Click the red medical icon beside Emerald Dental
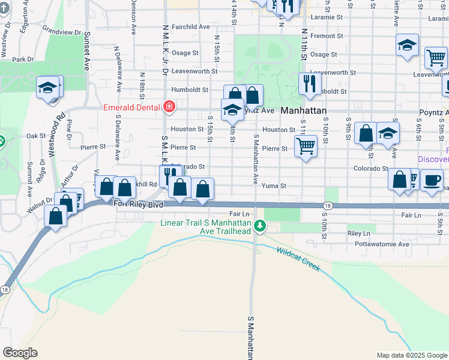(169, 107)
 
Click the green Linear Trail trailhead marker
(260, 226)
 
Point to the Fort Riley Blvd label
(138, 205)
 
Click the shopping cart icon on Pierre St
(306, 145)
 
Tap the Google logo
(20, 352)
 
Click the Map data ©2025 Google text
(411, 355)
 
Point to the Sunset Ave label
(87, 51)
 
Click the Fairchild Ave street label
(190, 27)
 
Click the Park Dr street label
(22, 59)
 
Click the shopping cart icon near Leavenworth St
(435, 58)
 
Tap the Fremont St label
(327, 36)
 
